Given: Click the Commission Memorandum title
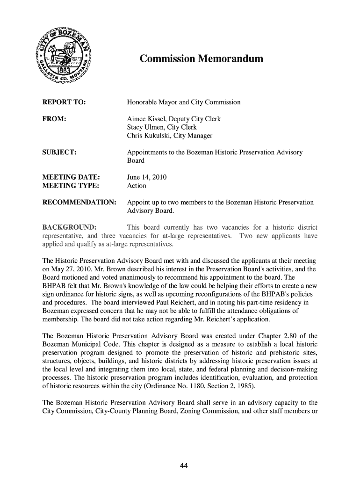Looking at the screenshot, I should click(x=202, y=59).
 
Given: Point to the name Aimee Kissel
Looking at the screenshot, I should click(x=146, y=119).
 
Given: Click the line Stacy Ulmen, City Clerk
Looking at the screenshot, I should click(x=162, y=127).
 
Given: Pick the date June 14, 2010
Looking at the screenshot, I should click(x=147, y=177).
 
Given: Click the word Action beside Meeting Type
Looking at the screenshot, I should click(x=137, y=186).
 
